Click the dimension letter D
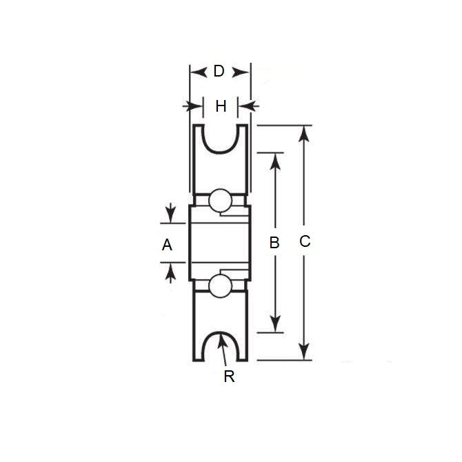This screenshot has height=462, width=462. pos(219,71)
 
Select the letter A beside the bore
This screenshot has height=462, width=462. pos(166,244)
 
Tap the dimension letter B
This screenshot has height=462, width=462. pos(274,243)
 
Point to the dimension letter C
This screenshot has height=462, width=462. pos(304,241)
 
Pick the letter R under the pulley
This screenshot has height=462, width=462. pos(230,376)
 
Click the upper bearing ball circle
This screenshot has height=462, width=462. pos(220,200)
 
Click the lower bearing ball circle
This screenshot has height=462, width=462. pos(220,285)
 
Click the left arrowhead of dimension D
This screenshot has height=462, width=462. pos(197,71)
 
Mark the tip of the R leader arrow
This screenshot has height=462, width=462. pos(221,336)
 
